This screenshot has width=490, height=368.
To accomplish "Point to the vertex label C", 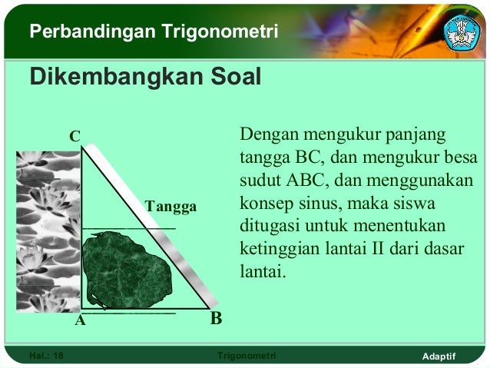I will (74, 137).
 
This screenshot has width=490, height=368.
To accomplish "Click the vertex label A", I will (79, 322).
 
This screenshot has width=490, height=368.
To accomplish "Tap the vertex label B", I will (216, 318).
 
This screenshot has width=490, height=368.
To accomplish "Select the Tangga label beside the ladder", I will (171, 207).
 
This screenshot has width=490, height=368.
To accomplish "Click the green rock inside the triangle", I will (122, 270).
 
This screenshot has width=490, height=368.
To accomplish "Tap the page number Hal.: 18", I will (46, 356).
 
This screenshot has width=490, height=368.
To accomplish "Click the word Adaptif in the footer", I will (439, 356).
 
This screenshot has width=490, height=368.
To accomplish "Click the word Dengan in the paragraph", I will (265, 136).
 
